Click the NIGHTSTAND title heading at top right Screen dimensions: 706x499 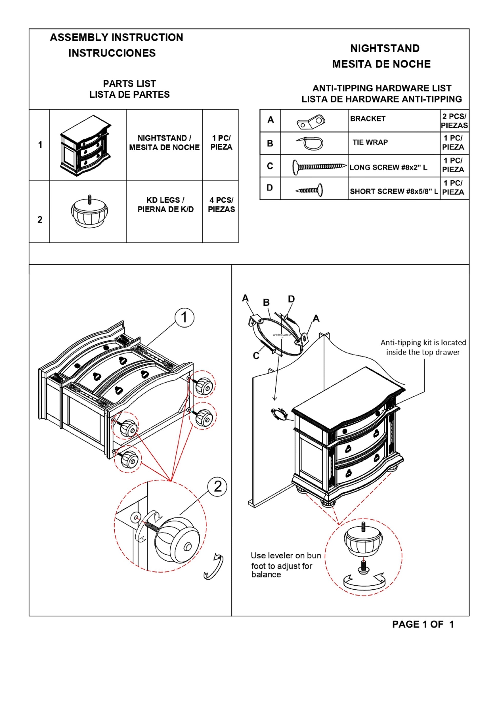[x=385, y=48]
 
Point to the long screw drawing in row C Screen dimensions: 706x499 [x=318, y=166]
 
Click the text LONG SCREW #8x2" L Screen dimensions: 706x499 [x=388, y=168]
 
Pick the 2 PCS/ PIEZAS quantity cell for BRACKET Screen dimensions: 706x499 [x=454, y=121]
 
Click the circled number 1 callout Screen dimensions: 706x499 [x=184, y=317]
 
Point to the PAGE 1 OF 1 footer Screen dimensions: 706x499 [x=423, y=624]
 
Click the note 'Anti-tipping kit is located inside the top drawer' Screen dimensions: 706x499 [x=423, y=347]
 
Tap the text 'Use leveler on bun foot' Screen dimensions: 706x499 [x=285, y=556]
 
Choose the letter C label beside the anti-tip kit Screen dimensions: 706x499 [x=256, y=356]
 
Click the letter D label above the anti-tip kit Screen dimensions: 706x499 [x=291, y=299]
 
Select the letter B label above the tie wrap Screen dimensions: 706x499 [x=266, y=302]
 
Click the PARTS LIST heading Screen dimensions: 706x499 [x=129, y=84]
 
